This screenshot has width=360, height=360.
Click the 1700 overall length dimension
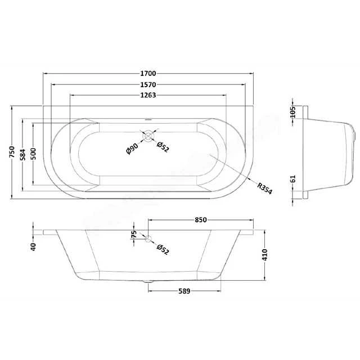[148, 74]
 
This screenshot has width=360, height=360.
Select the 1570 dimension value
[148, 85]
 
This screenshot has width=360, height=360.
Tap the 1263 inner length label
[148, 95]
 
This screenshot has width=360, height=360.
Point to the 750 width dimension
[12, 152]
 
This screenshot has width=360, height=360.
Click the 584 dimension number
[22, 155]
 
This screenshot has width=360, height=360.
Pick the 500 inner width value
[33, 154]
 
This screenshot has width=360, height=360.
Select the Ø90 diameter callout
[132, 148]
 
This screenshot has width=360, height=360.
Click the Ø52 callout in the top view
[163, 147]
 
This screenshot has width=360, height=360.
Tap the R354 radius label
[264, 188]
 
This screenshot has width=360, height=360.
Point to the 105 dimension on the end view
[292, 112]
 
